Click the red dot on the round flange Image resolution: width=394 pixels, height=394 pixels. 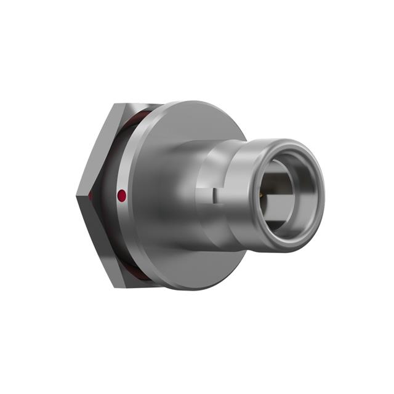122,196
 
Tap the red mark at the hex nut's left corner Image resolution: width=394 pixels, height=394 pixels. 90,195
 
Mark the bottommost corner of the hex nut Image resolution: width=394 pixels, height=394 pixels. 115,287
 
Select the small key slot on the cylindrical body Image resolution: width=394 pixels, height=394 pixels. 214,195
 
